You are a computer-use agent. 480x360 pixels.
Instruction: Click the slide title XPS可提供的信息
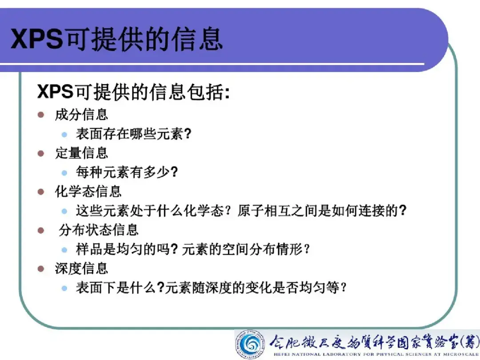(116, 39)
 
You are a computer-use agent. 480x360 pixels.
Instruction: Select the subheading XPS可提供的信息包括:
(133, 92)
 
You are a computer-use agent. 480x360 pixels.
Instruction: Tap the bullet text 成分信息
(81, 115)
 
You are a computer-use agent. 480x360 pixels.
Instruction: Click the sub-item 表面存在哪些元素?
(133, 134)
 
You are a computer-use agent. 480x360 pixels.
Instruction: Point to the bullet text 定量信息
(81, 153)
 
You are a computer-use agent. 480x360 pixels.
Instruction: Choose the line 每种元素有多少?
(127, 172)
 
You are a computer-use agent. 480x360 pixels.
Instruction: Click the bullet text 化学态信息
(88, 192)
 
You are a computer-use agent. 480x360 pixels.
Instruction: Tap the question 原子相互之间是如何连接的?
(322, 211)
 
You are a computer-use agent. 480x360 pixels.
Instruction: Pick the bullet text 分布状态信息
(99, 230)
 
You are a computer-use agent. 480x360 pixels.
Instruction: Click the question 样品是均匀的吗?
(127, 249)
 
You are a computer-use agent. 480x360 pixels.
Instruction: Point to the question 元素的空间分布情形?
(246, 249)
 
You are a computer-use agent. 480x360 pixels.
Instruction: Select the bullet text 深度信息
(81, 269)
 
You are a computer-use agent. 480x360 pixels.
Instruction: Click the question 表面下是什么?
(120, 288)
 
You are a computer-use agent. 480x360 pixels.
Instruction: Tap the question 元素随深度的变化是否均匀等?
(256, 288)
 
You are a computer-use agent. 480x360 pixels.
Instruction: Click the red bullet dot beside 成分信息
(41, 115)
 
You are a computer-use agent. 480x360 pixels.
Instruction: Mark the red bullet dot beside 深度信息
(41, 269)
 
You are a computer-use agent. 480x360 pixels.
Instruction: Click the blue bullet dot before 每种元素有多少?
(64, 172)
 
